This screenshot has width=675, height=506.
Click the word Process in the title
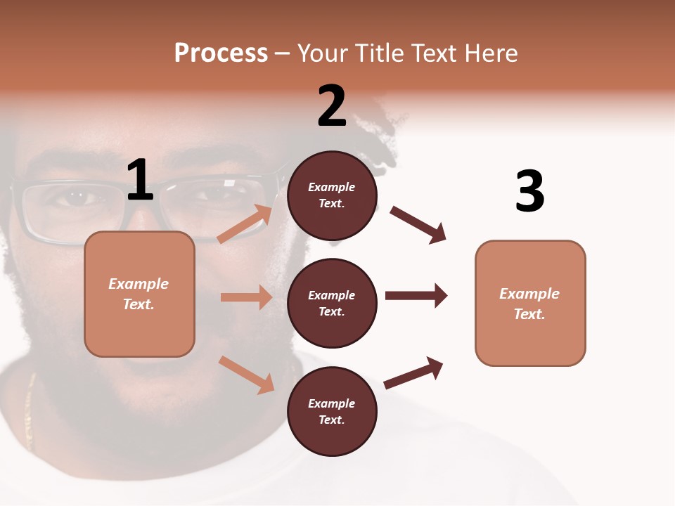pos(221,53)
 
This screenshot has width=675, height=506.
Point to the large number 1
pos(140,181)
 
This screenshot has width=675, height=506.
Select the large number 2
pos(332,106)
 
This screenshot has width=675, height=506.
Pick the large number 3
pos(529,191)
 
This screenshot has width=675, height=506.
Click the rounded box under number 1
pos(139,294)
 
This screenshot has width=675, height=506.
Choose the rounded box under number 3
pos(530,304)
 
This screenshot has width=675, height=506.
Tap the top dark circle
pos(332,195)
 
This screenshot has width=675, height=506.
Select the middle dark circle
pos(332,303)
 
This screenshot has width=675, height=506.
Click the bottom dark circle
pos(332,411)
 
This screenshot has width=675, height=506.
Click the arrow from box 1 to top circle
pos(245,224)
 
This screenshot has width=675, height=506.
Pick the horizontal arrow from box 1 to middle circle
pos(246,297)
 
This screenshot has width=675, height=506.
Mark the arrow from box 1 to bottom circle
pos(247,375)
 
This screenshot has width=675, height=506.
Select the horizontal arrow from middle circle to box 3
pos(416,295)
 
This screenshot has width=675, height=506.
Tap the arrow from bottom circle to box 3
pos(413,372)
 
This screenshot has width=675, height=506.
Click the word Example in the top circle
pos(332,188)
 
